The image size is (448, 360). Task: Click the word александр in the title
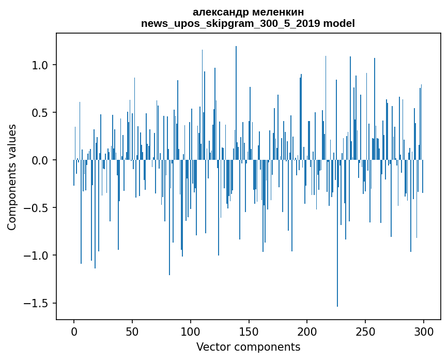(218, 12)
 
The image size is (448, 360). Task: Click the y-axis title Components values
(12, 177)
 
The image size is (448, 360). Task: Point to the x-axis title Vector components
(248, 347)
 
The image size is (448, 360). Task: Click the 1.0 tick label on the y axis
(40, 65)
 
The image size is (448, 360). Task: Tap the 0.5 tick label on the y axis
(40, 113)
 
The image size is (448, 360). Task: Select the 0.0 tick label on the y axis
(40, 160)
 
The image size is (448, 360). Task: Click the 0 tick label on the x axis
(74, 331)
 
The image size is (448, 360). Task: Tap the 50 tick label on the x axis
(132, 331)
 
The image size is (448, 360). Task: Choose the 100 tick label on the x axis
(191, 331)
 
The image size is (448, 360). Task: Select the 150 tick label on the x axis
(249, 331)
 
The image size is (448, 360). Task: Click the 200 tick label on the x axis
(307, 331)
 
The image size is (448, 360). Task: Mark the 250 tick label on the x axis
(365, 331)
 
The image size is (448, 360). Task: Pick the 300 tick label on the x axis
(424, 331)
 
